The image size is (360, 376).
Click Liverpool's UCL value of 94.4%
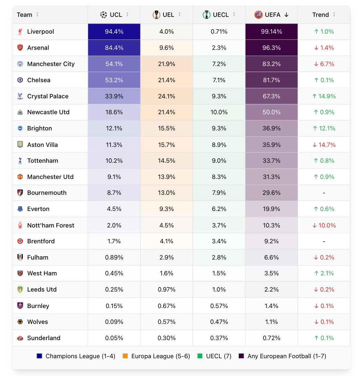(114, 32)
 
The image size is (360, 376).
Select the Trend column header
(320, 15)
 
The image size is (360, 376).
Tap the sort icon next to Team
(37, 15)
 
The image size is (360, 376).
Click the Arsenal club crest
(20, 48)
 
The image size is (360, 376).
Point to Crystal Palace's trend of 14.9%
(324, 96)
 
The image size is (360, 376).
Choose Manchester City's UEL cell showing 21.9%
(166, 64)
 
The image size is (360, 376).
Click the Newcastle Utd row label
(48, 112)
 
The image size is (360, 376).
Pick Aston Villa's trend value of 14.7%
(324, 145)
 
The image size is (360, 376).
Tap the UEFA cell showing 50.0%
(271, 112)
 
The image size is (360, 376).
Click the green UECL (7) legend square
(200, 356)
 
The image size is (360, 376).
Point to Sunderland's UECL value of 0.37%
(219, 338)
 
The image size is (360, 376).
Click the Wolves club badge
(20, 322)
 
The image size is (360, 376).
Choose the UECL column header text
(221, 15)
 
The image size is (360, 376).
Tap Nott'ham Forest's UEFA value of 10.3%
(271, 226)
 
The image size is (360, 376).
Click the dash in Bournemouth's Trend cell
(324, 193)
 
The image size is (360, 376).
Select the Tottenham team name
(43, 161)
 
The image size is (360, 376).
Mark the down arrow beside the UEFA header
(286, 15)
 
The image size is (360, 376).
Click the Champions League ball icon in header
(103, 15)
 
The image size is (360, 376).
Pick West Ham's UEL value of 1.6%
(166, 273)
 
